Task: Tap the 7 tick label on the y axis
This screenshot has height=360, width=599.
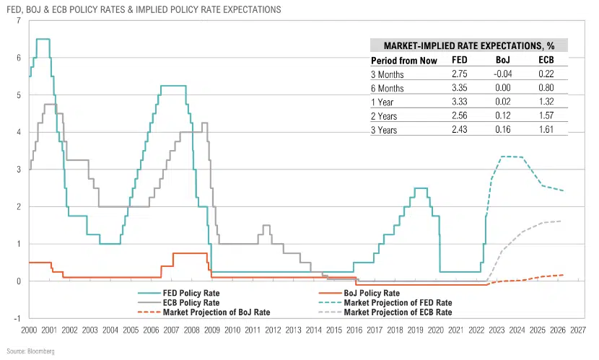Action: pos(18,21)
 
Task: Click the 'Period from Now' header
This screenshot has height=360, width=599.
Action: pos(400,60)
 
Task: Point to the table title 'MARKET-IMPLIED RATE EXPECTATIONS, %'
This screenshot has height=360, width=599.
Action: pos(469,45)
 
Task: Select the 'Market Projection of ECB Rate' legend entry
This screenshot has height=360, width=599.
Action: pos(398,312)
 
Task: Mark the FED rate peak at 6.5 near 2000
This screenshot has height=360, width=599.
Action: pos(43,39)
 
